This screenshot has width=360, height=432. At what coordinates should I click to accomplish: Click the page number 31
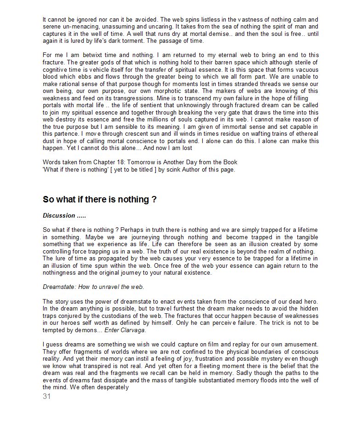click(x=46, y=397)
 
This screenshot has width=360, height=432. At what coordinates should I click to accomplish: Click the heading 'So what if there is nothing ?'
click(x=100, y=200)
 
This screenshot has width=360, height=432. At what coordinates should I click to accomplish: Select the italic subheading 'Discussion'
click(x=59, y=215)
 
